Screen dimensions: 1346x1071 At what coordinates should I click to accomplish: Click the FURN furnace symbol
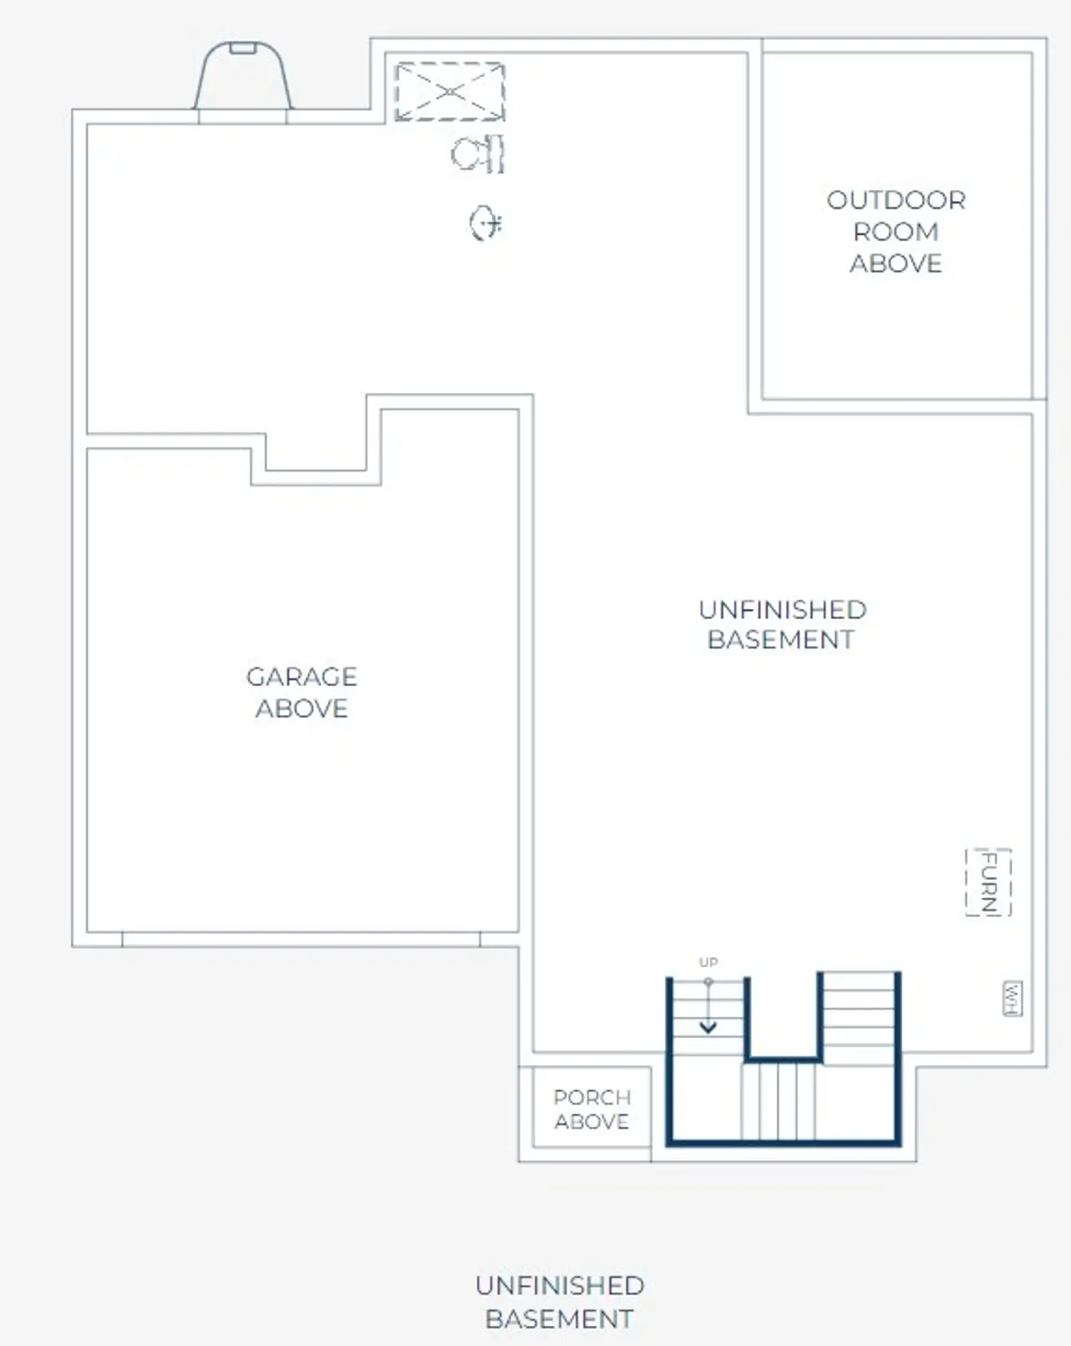tap(988, 883)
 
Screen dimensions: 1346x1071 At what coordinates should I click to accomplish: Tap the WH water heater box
tap(1012, 999)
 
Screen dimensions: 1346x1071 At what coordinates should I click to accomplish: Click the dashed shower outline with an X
tap(450, 91)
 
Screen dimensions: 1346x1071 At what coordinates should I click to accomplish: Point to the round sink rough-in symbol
tap(484, 223)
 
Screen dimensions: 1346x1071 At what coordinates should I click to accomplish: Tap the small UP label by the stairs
tap(708, 962)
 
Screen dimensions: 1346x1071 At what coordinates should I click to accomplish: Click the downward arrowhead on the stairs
tap(708, 1026)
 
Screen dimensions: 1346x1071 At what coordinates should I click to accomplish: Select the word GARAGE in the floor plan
tap(301, 676)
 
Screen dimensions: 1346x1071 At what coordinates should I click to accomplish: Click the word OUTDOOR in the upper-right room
tap(896, 200)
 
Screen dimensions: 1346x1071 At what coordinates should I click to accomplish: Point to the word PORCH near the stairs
tap(592, 1097)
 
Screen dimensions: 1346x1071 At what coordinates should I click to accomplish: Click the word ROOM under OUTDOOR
tap(896, 232)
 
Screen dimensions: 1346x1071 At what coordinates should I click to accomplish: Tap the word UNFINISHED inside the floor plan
tap(782, 609)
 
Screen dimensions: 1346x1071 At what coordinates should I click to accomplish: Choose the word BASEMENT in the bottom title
tap(559, 1319)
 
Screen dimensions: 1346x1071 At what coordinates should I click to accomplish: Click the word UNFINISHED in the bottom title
tap(559, 1286)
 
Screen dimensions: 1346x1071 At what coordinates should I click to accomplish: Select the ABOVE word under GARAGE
tap(301, 709)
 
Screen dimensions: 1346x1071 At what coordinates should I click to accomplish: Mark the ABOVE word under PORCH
tap(592, 1122)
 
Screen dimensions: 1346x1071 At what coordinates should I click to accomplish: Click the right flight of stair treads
tap(859, 1016)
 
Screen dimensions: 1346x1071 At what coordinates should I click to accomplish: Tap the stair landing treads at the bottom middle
tap(779, 1100)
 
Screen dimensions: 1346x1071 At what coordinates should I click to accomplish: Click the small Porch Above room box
tap(592, 1108)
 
